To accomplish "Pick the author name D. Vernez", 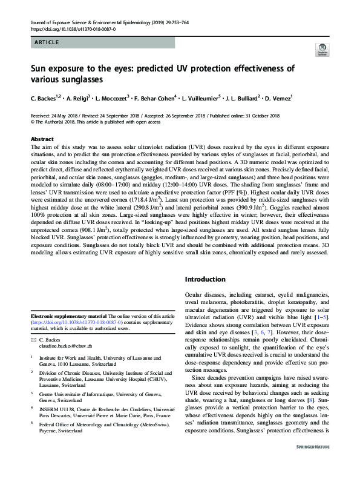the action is (x=278, y=97).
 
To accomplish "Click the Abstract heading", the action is (x=42, y=139).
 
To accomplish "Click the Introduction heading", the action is (x=209, y=280).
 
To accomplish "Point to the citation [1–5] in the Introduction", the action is (x=320, y=317).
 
